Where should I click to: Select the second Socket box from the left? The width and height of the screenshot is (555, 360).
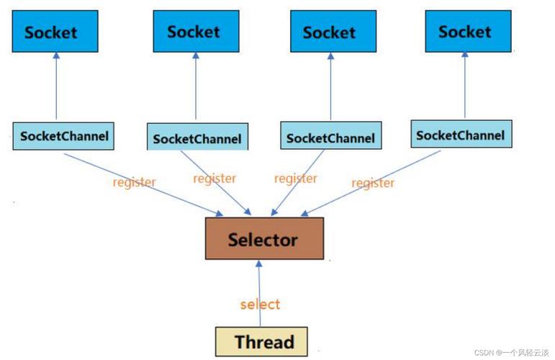(193, 32)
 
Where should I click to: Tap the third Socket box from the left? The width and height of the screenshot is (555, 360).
(329, 32)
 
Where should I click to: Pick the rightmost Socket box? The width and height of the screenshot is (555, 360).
(464, 32)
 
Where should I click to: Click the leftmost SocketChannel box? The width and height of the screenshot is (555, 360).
(64, 136)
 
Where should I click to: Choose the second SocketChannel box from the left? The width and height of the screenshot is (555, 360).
(197, 138)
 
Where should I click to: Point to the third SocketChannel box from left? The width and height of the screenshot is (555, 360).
(330, 137)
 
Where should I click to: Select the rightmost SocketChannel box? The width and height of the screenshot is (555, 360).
(460, 135)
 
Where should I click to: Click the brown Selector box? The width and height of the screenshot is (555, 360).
(263, 238)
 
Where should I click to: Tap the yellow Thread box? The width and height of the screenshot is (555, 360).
(264, 341)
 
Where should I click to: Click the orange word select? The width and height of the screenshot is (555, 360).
(260, 304)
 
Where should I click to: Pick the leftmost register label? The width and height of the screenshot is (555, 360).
(134, 181)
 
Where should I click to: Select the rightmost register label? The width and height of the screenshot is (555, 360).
(373, 183)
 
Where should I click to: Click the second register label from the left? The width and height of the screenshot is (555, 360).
(215, 178)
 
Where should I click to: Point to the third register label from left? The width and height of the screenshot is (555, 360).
(296, 178)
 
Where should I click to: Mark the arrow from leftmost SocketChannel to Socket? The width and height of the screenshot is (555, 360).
(56, 90)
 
